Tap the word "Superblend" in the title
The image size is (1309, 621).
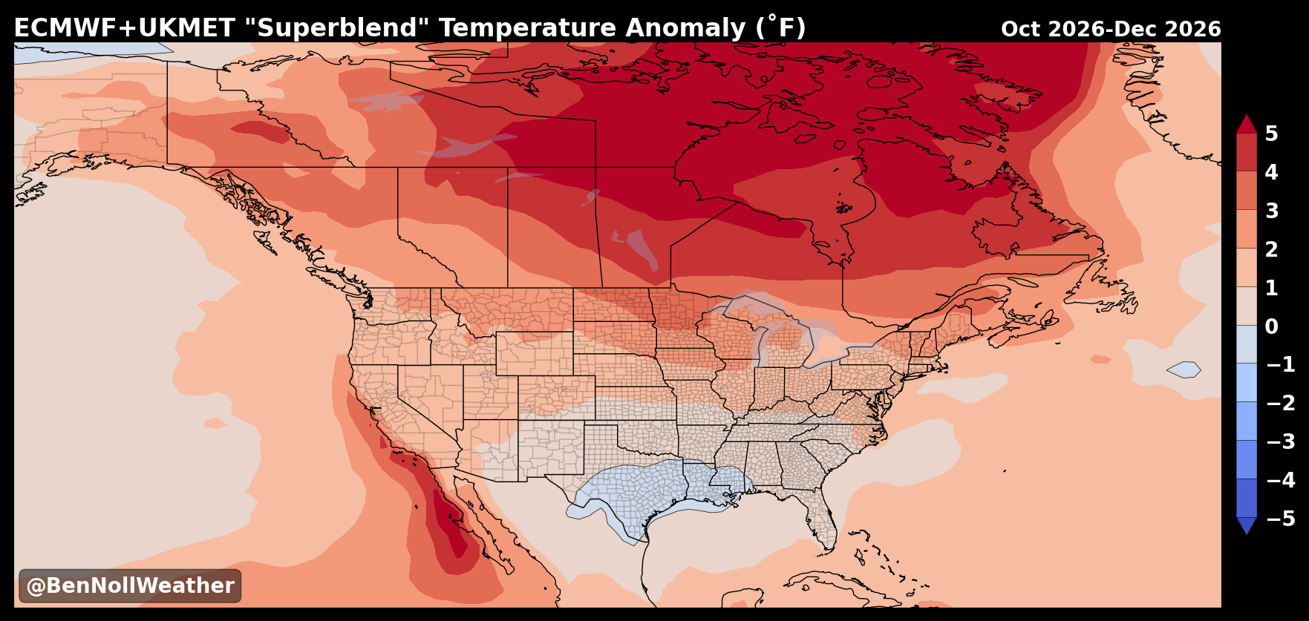pos(336,28)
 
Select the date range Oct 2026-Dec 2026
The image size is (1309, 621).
pos(1111,30)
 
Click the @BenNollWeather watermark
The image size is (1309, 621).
pos(130,586)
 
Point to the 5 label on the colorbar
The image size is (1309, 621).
pos(1271,134)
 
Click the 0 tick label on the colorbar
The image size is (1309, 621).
pos(1271,326)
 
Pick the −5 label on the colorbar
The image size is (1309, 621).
pos(1280,519)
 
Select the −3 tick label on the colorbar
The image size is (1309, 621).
pos(1280,441)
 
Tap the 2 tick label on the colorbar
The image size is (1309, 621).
pos(1271,249)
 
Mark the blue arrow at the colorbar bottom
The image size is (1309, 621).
pos(1247,525)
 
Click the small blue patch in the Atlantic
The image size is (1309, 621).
pos(1184,369)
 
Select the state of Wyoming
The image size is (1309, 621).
pos(534,353)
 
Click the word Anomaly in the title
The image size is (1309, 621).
pos(685,29)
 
